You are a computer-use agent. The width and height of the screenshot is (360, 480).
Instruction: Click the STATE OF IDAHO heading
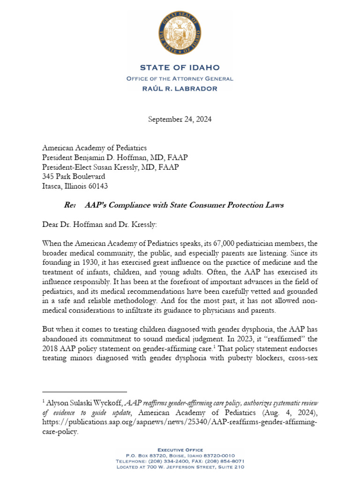click(180, 68)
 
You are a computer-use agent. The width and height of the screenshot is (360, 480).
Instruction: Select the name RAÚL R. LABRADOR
click(180, 88)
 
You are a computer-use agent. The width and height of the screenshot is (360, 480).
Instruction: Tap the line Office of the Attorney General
click(180, 78)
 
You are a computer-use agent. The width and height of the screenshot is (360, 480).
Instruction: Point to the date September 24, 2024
click(180, 119)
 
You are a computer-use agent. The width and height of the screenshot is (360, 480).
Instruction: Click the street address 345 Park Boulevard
click(74, 176)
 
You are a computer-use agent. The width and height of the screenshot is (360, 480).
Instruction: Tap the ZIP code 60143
click(97, 186)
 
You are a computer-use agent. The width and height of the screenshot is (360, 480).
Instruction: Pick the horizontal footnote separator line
click(84, 391)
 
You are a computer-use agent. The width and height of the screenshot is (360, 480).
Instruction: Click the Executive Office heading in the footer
click(180, 450)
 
